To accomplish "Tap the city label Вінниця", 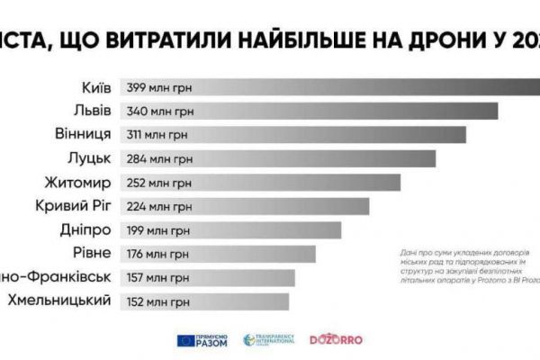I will (83, 135).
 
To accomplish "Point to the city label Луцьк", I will (88, 158).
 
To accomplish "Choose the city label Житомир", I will (78, 183).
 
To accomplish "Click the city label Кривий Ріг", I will (71, 206).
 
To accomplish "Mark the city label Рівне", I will (90, 253).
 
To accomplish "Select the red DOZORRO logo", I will (335, 340).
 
